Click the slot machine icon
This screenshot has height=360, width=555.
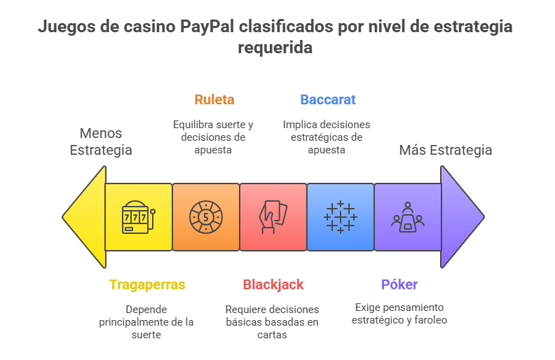pos(138,217)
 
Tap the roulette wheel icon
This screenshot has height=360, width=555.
pos(205,217)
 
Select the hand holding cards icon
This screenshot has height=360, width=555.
pos(273,217)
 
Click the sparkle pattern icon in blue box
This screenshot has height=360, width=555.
pos(340,217)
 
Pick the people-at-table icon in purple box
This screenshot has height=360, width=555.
pos(407,216)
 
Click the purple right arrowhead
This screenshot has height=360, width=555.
pos(460,216)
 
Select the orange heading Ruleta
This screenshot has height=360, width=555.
pos(214,99)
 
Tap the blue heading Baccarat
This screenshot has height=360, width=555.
pos(327,99)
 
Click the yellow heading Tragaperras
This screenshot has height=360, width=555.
pos(147,285)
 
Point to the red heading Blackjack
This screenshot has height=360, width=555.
pos(273,285)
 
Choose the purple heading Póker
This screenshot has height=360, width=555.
pos(399,285)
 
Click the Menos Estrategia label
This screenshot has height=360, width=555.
pos(100,141)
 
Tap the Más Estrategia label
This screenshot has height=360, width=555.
pos(445,150)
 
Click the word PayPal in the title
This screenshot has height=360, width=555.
pos(207,28)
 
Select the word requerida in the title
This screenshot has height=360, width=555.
pos(275,48)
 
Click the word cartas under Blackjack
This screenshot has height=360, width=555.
pos(273,335)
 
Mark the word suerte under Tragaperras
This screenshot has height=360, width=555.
pos(147,335)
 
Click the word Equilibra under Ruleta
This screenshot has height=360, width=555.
pos(193,124)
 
